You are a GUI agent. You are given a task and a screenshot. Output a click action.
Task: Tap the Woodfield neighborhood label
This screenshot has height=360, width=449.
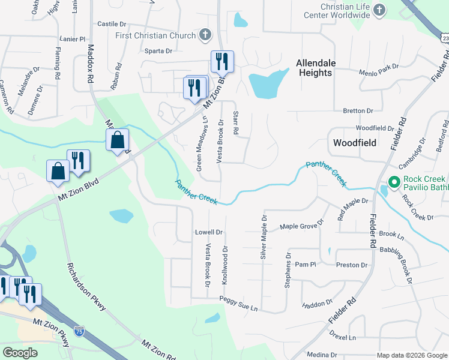(x=355, y=143)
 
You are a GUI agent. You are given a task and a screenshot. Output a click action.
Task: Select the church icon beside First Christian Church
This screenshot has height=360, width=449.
(x=205, y=35)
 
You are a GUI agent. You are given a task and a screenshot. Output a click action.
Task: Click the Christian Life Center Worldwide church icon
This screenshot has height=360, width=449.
(x=379, y=10)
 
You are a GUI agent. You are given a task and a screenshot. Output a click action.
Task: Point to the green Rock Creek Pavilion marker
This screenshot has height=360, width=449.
(x=394, y=181)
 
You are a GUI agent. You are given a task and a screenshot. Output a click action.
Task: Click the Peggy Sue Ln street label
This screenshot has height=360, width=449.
(x=238, y=303)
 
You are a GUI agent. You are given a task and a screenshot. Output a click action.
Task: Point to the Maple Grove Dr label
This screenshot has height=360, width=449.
(x=302, y=226)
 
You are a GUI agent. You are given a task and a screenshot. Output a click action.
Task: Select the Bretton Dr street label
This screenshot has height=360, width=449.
(x=358, y=111)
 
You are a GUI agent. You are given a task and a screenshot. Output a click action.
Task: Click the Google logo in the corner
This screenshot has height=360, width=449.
(x=20, y=352)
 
